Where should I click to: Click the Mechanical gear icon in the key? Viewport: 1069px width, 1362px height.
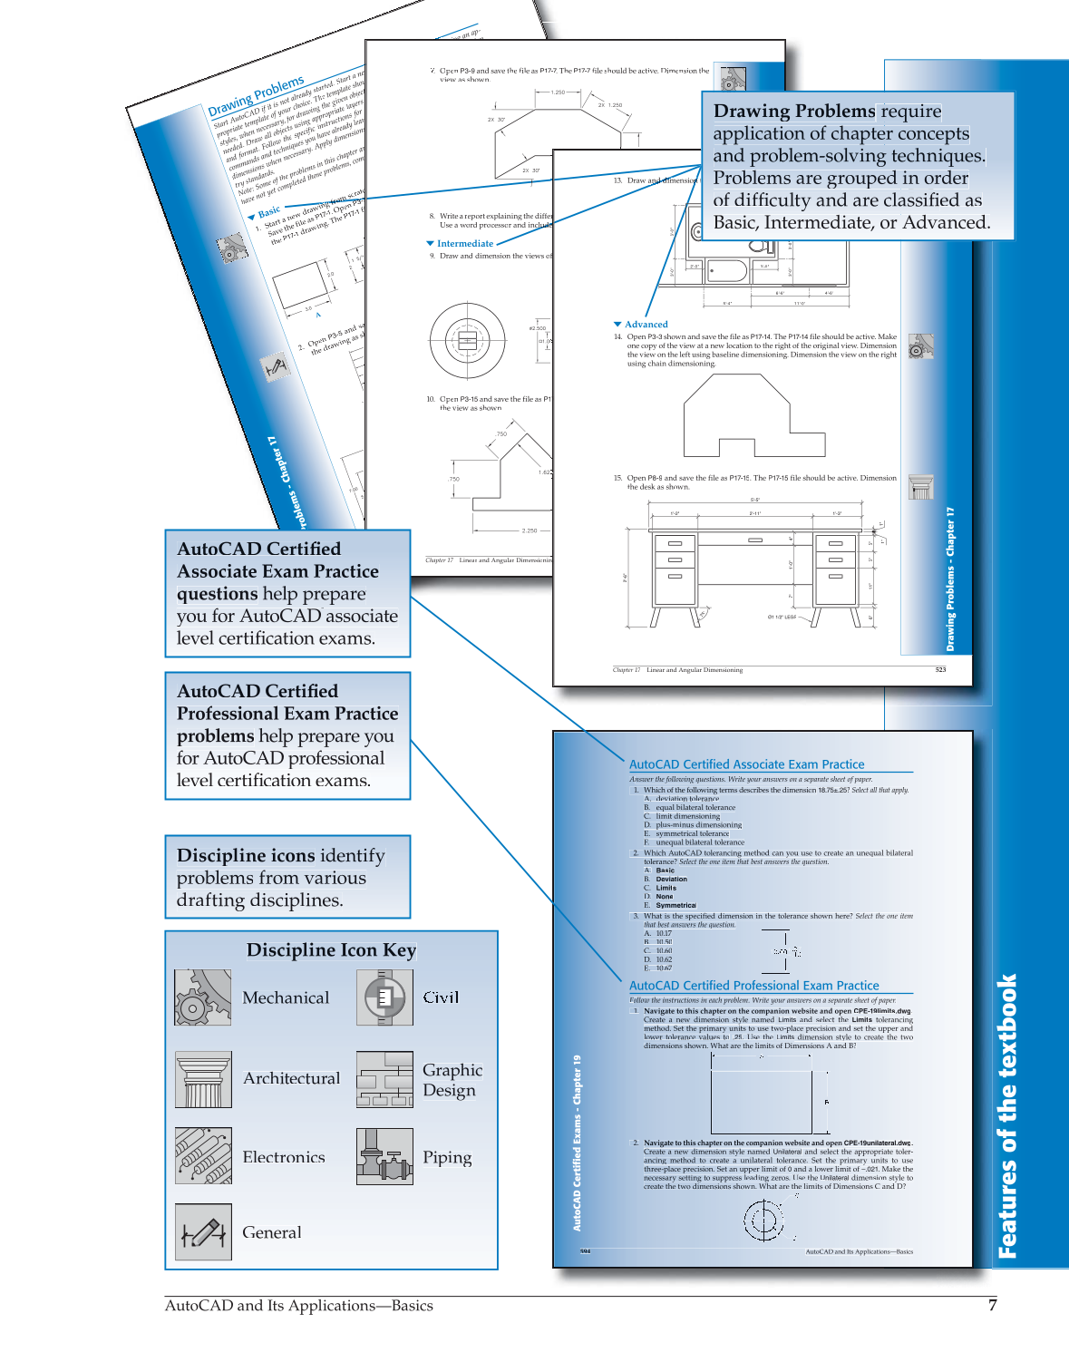202,997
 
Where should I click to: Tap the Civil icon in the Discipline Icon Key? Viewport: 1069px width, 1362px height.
384,997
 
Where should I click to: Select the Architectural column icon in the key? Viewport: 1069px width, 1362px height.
202,1079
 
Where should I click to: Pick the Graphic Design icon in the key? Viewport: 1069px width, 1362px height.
384,1079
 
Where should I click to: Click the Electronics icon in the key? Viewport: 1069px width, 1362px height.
202,1156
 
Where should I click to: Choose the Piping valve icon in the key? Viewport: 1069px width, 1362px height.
384,1156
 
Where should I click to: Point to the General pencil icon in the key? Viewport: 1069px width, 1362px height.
202,1231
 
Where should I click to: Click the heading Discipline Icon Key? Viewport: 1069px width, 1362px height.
331,950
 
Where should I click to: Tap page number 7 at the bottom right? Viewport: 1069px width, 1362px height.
992,1306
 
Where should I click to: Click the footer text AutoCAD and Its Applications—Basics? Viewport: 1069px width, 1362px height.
298,1306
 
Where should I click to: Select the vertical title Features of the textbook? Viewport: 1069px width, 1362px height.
1007,1115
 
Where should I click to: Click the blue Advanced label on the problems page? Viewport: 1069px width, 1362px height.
646,325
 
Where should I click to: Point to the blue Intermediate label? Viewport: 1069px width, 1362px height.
464,244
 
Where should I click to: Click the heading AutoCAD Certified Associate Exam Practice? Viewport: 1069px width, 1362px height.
746,764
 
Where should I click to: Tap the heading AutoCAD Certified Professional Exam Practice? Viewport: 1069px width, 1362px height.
753,986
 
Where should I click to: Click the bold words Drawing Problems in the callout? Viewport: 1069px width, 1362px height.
794,112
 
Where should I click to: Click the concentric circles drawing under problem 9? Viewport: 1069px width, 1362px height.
468,341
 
